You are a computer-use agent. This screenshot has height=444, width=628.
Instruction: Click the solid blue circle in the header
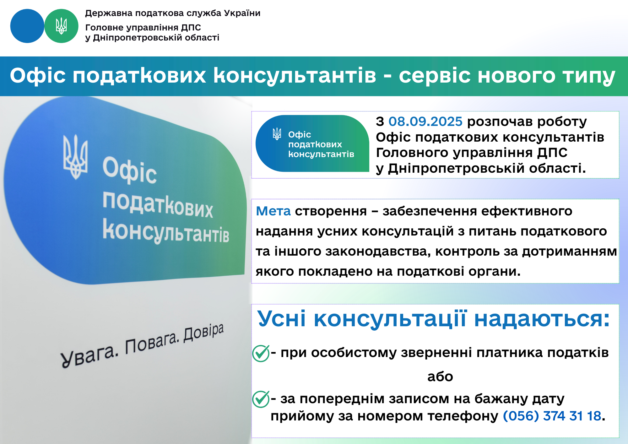coord(27,26)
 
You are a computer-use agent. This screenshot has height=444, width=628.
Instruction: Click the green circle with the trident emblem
coord(61,26)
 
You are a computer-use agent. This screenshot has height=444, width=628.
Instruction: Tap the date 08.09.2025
coord(425,122)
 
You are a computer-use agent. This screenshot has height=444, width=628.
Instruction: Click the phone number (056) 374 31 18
coord(552,416)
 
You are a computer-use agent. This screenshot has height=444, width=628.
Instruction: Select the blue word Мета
coord(273,211)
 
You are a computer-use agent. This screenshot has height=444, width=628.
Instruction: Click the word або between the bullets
coord(440,376)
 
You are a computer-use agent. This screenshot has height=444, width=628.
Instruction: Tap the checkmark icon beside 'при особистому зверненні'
coord(261,353)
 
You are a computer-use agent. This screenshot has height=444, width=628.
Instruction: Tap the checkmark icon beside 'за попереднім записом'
coord(261,399)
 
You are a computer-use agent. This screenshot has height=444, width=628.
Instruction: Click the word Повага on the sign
coord(152,343)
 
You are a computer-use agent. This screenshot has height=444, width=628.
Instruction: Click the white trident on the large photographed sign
coord(75,157)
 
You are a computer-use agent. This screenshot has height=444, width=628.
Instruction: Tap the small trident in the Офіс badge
coord(277,134)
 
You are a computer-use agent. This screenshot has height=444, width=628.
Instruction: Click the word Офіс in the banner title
coord(38,75)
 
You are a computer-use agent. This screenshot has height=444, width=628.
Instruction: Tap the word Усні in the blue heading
coord(282,319)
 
